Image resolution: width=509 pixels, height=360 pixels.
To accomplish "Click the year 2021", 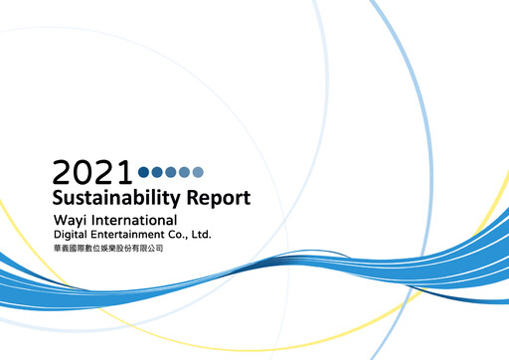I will click(92, 173).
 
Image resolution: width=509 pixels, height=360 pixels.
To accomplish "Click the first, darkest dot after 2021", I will click(144, 173).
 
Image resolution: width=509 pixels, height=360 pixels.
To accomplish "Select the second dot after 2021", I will click(157, 173).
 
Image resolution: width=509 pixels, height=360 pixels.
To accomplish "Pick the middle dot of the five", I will click(170, 173).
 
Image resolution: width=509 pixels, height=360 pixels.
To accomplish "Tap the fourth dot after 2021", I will click(184, 173).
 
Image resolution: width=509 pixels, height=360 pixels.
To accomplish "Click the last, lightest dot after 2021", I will click(197, 173).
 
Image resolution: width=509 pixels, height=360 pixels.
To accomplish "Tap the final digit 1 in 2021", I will click(125, 173).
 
